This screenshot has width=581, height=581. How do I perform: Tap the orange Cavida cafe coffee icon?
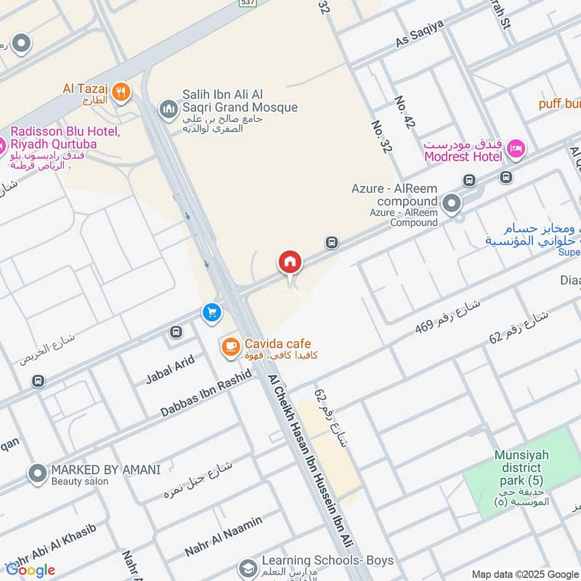click(231, 348)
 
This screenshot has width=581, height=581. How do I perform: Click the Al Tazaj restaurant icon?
click(121, 92)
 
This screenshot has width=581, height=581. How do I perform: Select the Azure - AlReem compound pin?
click(452, 204)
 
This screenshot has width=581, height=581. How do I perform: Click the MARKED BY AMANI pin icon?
click(37, 474)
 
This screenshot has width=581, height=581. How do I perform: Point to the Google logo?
click(31, 570)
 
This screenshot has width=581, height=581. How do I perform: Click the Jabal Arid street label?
click(170, 369)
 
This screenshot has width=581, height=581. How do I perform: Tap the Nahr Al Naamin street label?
click(224, 537)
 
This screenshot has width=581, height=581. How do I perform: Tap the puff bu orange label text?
click(559, 103)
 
